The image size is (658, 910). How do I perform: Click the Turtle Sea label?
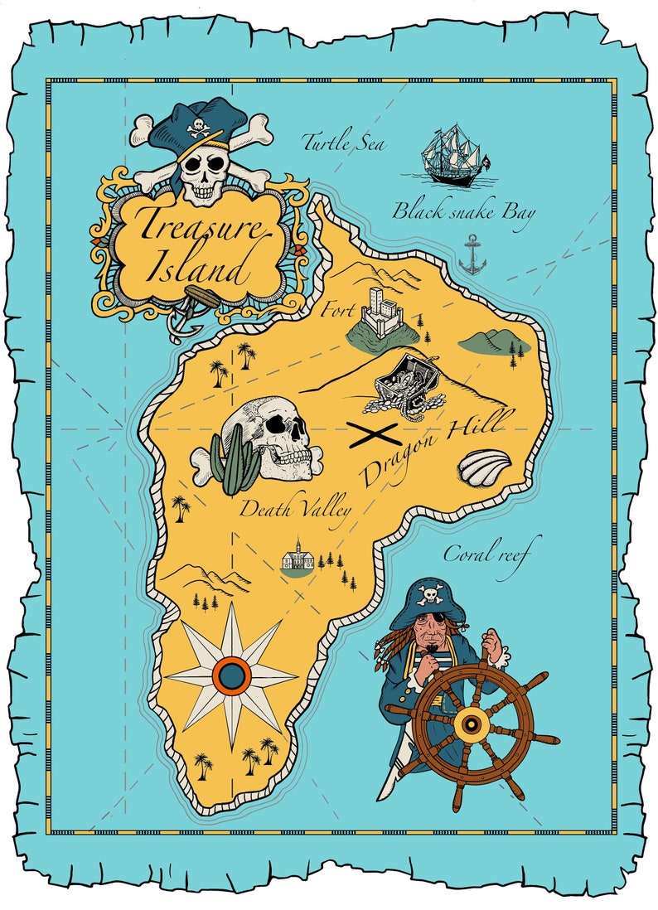coord(344,143)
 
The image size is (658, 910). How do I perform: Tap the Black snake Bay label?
coord(463,211)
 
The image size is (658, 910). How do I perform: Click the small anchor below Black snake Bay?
coord(472,254)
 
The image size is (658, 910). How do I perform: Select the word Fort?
coord(340,312)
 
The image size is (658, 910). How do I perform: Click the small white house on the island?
coord(297,559)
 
